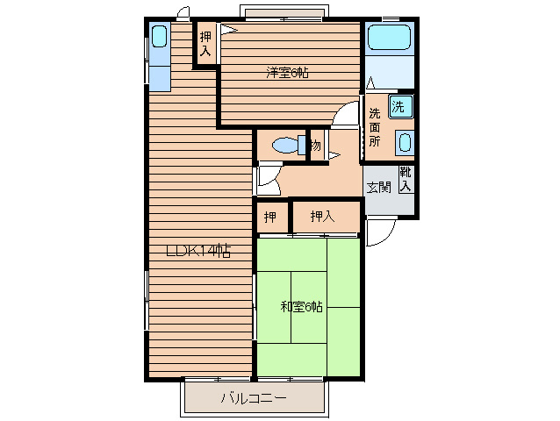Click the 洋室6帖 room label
coord(287,73)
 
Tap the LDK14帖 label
coord(198,252)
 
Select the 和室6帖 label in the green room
coord(302,306)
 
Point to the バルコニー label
coord(254,398)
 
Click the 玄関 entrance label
coord(379,188)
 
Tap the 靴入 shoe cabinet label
coord(406,179)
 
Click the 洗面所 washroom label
coord(374,127)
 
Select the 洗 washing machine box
coord(401,106)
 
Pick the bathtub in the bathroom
coord(390,37)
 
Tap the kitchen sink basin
coord(159,36)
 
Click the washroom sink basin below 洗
coord(405,142)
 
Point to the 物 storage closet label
coord(316,146)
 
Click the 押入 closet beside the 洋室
coord(205,44)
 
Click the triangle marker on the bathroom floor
coord(370,82)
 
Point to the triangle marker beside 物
coord(334,156)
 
